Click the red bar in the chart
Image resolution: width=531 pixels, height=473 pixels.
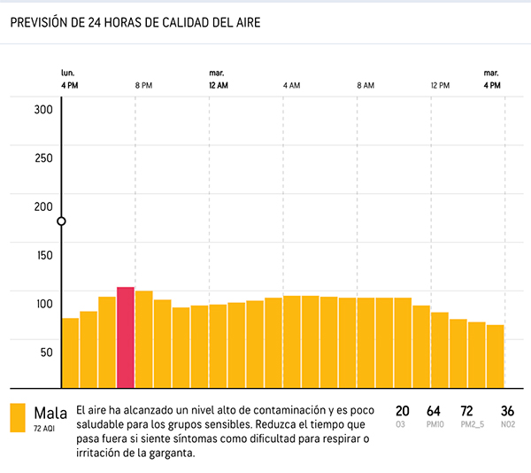click(x=126, y=337)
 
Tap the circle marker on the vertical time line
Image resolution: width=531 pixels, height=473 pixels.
click(x=61, y=221)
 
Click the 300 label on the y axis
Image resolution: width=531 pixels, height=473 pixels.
click(x=43, y=110)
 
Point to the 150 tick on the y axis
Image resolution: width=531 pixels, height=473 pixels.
click(x=43, y=255)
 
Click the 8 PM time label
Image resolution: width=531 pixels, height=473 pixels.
click(x=143, y=85)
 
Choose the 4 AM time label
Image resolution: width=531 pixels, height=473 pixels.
click(x=291, y=85)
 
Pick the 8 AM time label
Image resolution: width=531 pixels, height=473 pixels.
click(x=366, y=85)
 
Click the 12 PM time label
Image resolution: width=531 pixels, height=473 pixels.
click(x=440, y=85)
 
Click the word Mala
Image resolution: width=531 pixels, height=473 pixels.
click(x=50, y=412)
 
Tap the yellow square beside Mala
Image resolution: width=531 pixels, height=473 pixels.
click(x=18, y=418)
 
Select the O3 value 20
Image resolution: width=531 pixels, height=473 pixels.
click(x=403, y=411)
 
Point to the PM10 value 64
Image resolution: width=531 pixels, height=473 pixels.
click(x=434, y=411)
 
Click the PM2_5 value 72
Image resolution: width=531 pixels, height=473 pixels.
click(x=467, y=411)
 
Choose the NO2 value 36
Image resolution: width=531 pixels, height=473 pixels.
click(x=507, y=411)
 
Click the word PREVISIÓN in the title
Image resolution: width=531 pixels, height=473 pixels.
click(x=42, y=24)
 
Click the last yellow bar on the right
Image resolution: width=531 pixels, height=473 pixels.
click(x=495, y=356)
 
